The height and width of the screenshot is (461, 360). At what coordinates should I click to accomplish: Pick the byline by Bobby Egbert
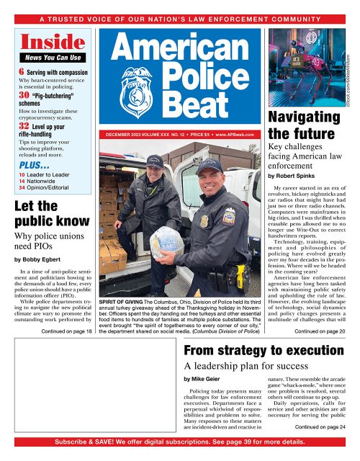(x=40, y=277)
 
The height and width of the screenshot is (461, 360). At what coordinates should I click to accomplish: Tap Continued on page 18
(x=67, y=332)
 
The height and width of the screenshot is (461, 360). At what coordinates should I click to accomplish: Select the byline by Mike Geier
(x=204, y=377)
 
